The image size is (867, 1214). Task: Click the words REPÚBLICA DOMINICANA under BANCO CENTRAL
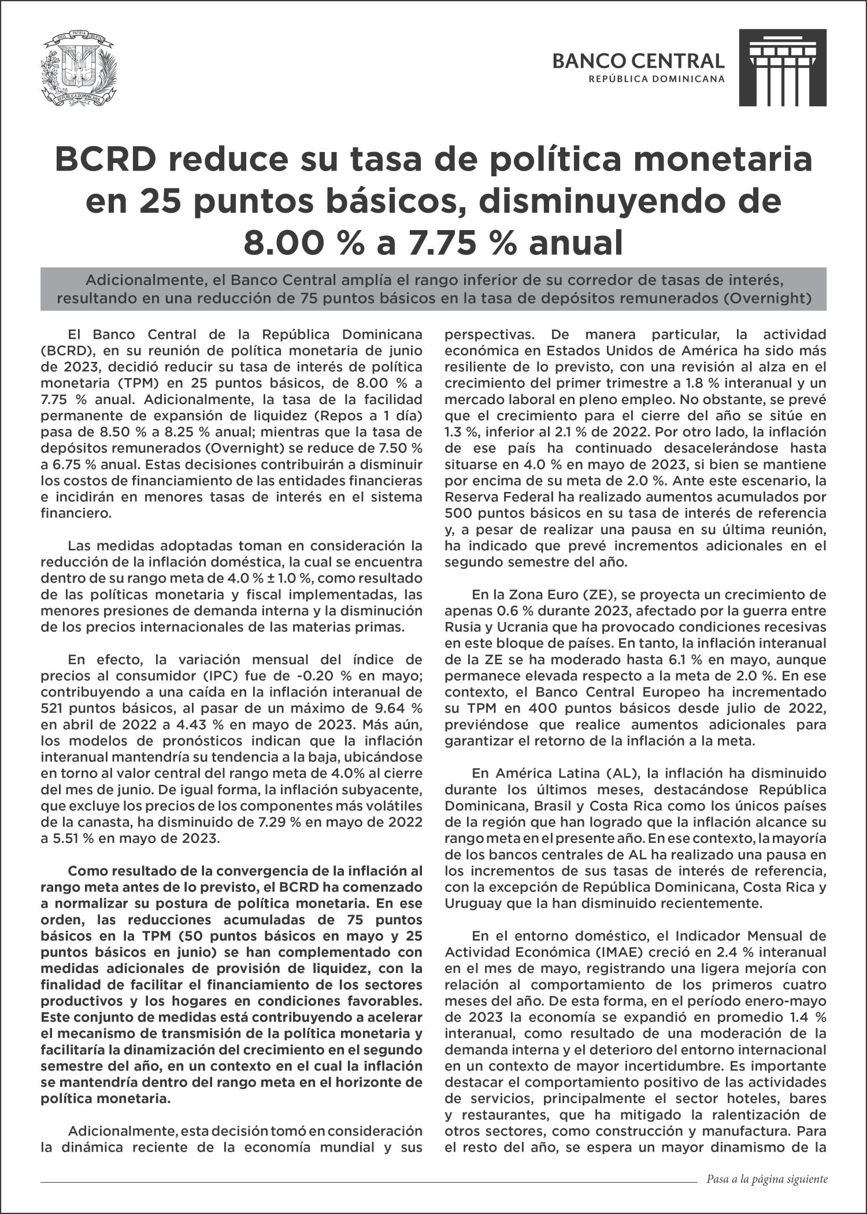(x=656, y=79)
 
